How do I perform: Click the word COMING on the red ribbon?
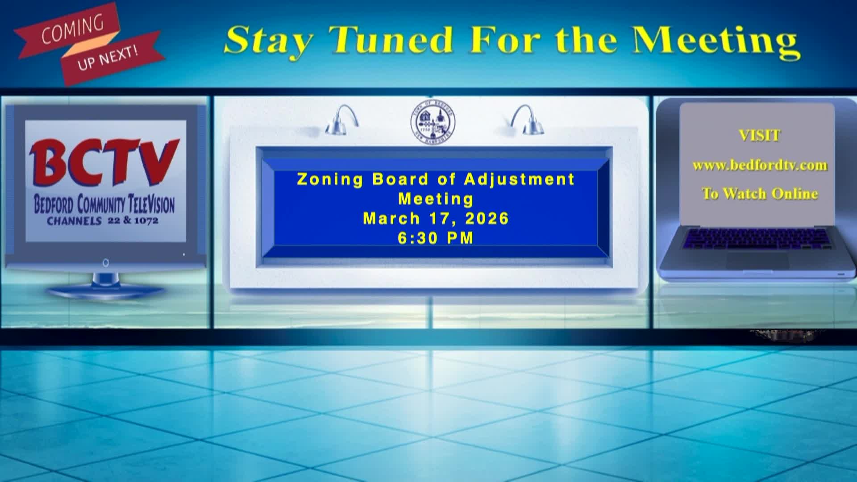(x=72, y=30)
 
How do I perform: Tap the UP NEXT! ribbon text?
(x=108, y=58)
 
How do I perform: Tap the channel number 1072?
(x=146, y=220)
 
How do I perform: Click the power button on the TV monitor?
(x=106, y=263)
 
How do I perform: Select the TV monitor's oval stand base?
(x=105, y=292)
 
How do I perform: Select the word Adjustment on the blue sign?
(x=519, y=179)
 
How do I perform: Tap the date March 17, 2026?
(x=436, y=219)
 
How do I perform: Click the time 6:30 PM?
(x=436, y=238)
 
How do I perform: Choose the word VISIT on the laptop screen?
(x=760, y=136)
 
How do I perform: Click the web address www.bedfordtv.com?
(x=760, y=166)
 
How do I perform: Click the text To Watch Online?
(x=760, y=194)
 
